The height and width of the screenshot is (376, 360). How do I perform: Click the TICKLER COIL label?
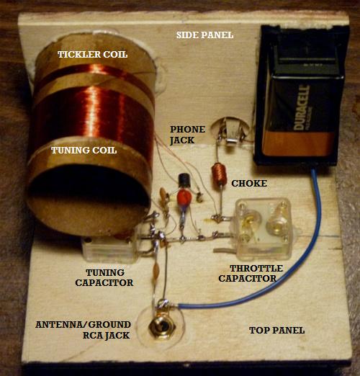click(x=92, y=54)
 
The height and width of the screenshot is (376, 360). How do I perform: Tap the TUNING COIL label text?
click(x=84, y=151)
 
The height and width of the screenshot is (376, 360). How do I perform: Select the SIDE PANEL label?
click(x=204, y=35)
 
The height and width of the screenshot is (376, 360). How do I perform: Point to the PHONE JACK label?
click(x=187, y=135)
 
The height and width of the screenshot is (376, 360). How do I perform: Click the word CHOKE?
click(x=249, y=184)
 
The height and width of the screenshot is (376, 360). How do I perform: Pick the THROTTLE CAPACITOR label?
click(x=251, y=274)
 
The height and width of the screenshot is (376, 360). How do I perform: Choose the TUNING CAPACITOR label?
click(x=104, y=278)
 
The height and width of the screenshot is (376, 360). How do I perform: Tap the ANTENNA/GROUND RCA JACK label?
click(x=83, y=330)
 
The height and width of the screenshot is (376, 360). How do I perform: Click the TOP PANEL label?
click(x=277, y=331)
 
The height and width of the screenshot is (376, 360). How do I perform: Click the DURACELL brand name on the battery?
click(x=302, y=107)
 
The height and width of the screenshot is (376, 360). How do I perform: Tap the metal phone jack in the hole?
click(x=231, y=132)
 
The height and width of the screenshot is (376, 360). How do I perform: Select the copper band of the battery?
click(x=299, y=143)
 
